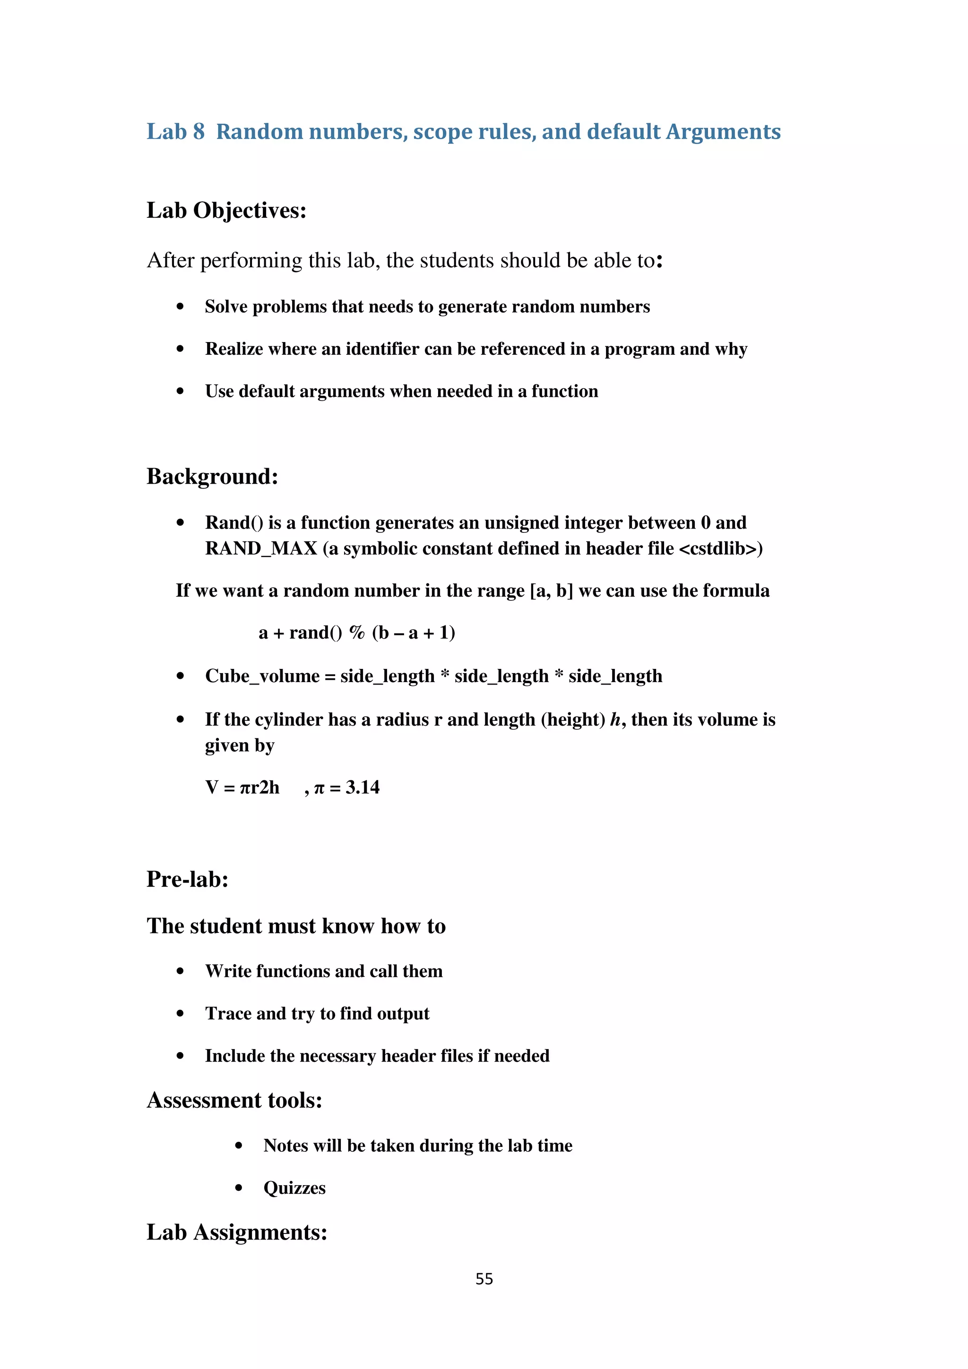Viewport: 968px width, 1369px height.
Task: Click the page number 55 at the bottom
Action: point(484,1278)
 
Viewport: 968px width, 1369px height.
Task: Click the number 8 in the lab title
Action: point(199,132)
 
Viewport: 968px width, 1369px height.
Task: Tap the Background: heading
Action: point(212,476)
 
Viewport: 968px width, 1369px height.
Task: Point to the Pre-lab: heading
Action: point(187,879)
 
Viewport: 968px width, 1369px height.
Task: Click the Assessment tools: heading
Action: point(234,1100)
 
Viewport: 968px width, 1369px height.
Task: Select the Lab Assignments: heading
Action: point(237,1232)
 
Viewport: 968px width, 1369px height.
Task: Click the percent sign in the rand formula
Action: point(357,633)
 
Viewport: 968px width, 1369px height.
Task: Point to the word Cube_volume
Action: point(262,676)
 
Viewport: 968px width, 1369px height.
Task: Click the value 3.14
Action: point(362,787)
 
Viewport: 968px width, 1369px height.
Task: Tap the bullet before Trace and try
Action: point(180,1014)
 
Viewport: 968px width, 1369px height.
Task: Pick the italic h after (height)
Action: point(615,719)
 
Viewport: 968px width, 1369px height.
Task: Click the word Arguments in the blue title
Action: point(723,132)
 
